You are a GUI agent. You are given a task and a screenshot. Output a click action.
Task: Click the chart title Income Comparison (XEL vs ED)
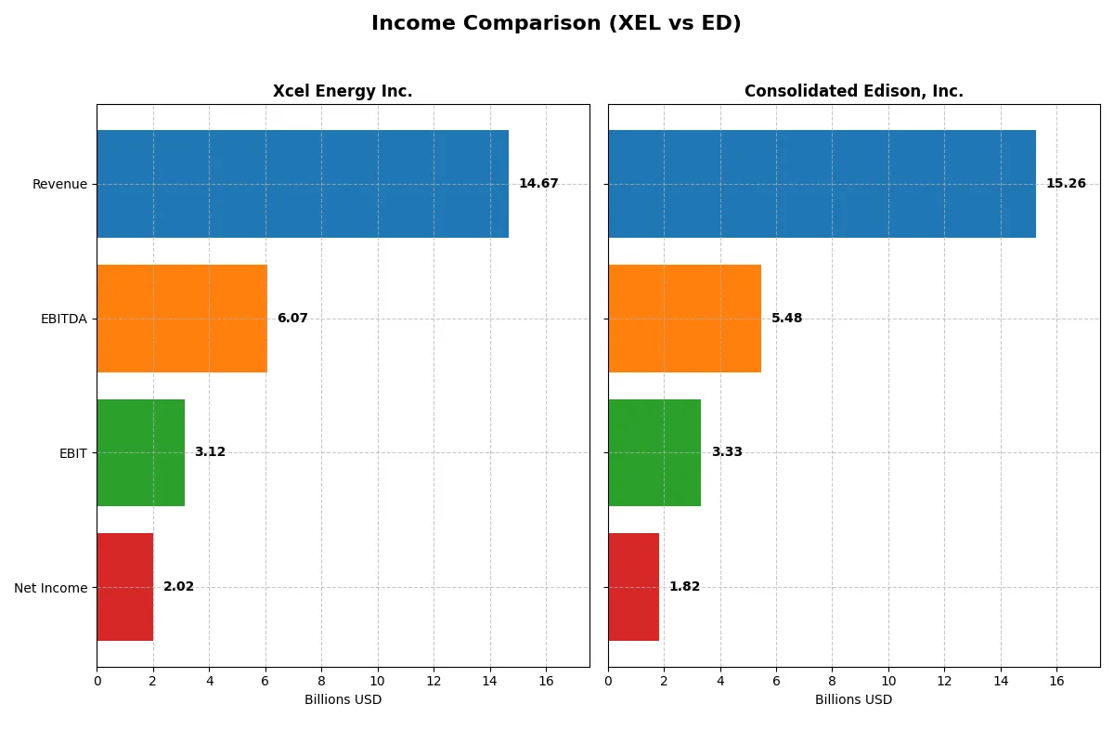coord(556,24)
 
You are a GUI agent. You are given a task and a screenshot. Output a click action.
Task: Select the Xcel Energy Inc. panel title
coord(343,91)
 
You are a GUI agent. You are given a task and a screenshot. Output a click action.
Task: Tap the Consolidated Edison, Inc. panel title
coord(853,91)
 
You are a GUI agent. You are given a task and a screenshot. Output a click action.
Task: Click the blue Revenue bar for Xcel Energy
coord(303,184)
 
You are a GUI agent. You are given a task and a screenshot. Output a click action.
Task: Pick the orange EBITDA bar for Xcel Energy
coord(182,319)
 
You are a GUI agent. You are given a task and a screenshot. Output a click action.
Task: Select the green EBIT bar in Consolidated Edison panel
coord(654,452)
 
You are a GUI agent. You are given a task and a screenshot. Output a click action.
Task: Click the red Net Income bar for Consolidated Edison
coord(633,587)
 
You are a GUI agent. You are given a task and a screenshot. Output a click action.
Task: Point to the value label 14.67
coord(538,184)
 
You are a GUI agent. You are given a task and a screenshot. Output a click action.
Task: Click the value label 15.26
coord(1066,184)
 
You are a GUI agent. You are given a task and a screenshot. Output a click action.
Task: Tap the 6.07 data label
coord(292,319)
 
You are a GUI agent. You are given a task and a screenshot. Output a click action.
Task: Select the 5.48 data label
coord(786,319)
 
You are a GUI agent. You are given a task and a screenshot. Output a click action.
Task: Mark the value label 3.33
coord(727,452)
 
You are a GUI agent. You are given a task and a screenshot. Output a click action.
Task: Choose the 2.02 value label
coord(178,587)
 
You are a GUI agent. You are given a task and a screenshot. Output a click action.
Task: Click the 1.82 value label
coord(684,587)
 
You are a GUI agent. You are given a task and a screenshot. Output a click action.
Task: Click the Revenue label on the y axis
coord(59,184)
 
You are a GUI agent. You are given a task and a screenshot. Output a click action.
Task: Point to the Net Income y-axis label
coord(51,587)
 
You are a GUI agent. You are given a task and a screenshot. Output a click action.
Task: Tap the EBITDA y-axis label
coord(64,319)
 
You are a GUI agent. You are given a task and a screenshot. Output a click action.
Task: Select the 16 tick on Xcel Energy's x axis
coord(546,681)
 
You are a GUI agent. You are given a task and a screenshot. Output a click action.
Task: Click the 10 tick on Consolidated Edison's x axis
coord(888,681)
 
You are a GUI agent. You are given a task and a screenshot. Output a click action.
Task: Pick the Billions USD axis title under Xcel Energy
coord(343,699)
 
